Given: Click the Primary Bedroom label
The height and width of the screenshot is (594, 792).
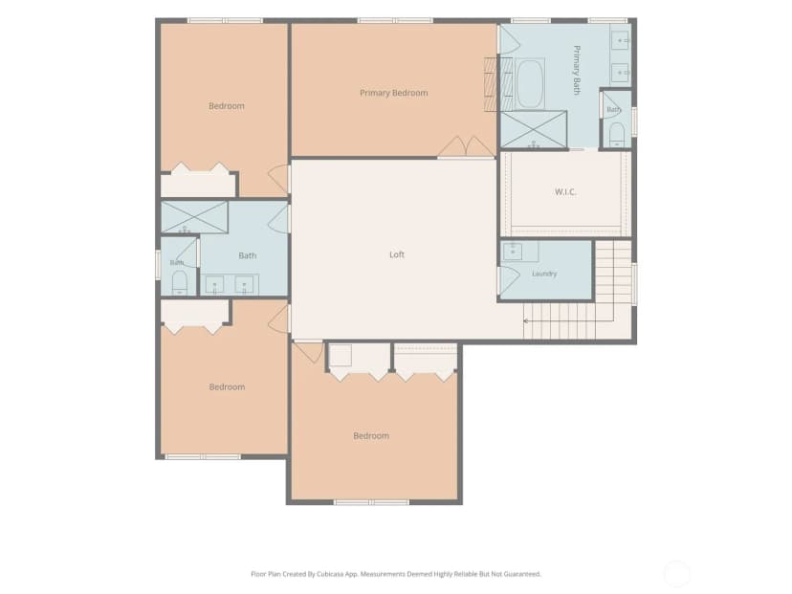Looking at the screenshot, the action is click(393, 93).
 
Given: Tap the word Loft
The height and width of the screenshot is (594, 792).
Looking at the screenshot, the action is click(397, 254).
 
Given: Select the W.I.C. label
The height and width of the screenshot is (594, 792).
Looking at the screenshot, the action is click(565, 192).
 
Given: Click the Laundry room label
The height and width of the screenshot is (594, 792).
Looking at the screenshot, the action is click(544, 274).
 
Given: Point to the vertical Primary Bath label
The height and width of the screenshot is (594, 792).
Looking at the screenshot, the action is click(577, 70).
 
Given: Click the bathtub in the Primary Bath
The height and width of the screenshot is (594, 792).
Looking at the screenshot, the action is click(529, 83).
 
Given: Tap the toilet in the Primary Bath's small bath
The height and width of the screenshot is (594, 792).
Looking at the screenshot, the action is click(617, 134).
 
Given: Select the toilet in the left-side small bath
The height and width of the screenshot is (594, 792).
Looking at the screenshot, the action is click(179, 283).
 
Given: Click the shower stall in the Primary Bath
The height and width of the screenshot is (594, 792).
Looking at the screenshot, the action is click(534, 130).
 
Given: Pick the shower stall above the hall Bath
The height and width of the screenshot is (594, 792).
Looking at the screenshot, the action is click(194, 217).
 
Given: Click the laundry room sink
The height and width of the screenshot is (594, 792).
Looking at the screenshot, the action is click(513, 251).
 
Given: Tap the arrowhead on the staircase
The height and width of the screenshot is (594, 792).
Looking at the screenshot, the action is click(526, 320).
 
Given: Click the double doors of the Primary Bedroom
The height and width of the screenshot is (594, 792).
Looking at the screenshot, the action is click(466, 146).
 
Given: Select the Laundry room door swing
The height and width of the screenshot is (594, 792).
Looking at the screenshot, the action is click(509, 279).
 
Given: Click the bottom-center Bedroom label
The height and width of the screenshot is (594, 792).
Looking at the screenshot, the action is click(371, 436).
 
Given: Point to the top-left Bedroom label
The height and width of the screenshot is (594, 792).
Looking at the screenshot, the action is click(227, 106).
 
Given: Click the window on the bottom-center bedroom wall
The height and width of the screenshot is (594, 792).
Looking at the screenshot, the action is click(371, 502).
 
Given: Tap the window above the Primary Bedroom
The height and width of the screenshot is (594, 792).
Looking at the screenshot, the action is click(395, 20).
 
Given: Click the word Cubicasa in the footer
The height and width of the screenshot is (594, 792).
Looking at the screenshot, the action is click(331, 574).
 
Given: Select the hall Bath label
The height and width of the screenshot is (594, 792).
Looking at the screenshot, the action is click(248, 256).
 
